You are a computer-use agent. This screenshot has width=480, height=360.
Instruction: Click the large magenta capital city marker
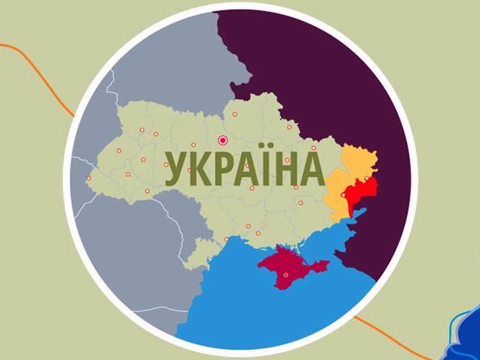point(222,139)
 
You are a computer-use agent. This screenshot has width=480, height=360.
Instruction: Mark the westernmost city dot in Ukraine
point(88,178)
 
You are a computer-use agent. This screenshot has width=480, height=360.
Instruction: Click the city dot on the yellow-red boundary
point(343,195)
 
